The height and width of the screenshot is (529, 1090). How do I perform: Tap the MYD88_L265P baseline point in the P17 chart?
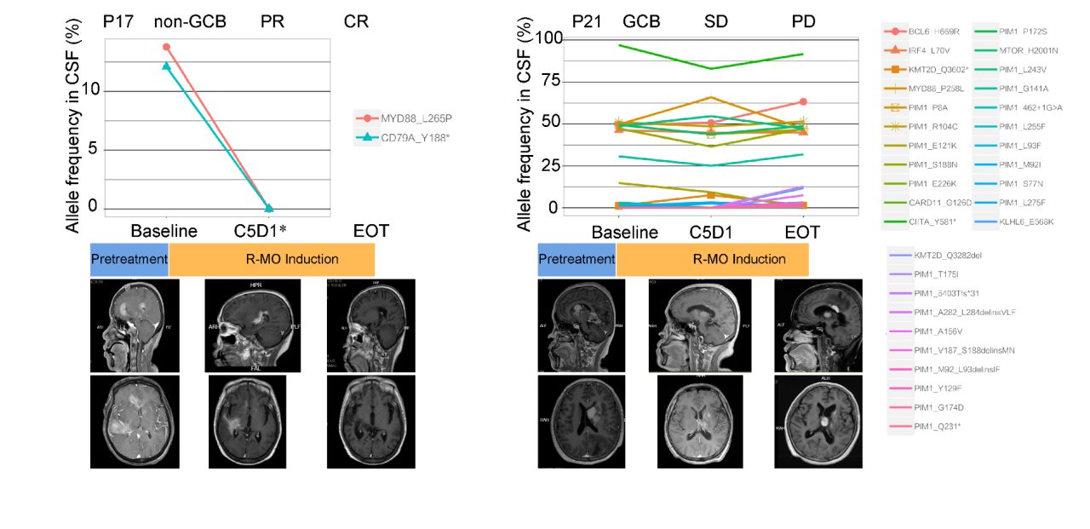coord(166,47)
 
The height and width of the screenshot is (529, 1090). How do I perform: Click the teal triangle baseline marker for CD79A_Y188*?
coord(166,66)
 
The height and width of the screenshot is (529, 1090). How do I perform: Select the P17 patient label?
coord(118,21)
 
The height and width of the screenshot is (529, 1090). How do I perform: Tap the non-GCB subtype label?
coord(189,21)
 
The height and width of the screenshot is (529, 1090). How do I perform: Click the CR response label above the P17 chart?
coord(356,21)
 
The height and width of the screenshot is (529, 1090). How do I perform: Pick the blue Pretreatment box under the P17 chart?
coord(129,259)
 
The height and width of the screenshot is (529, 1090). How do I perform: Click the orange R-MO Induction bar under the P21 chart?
coord(712,259)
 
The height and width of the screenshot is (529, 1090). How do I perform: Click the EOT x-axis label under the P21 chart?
coord(802,233)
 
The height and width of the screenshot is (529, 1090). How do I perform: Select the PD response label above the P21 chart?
coord(803,21)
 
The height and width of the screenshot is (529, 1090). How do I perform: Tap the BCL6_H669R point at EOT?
coord(803,101)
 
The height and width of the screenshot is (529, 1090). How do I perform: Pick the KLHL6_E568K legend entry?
coord(1026,221)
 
